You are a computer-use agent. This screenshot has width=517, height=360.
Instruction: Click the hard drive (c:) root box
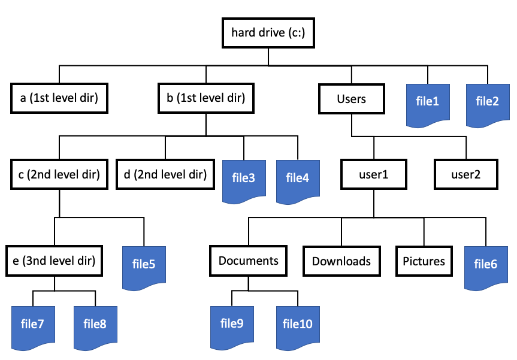point(268,33)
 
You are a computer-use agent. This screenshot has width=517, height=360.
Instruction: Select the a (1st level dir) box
point(59,98)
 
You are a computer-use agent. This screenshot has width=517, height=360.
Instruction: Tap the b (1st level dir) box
point(206,98)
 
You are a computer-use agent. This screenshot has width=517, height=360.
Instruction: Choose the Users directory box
point(352,99)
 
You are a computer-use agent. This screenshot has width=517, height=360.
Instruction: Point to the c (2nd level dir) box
point(59,174)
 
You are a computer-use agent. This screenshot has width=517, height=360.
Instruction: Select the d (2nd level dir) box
point(165,174)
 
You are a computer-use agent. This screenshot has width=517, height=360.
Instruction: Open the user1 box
point(374,174)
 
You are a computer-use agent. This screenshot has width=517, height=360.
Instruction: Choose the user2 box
point(466,174)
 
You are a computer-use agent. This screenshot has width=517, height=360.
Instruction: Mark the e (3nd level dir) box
point(55,261)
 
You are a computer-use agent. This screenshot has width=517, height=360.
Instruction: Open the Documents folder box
point(248,261)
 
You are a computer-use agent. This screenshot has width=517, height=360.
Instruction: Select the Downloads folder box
point(341,261)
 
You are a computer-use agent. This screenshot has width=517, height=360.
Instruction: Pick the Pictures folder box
point(424,261)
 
